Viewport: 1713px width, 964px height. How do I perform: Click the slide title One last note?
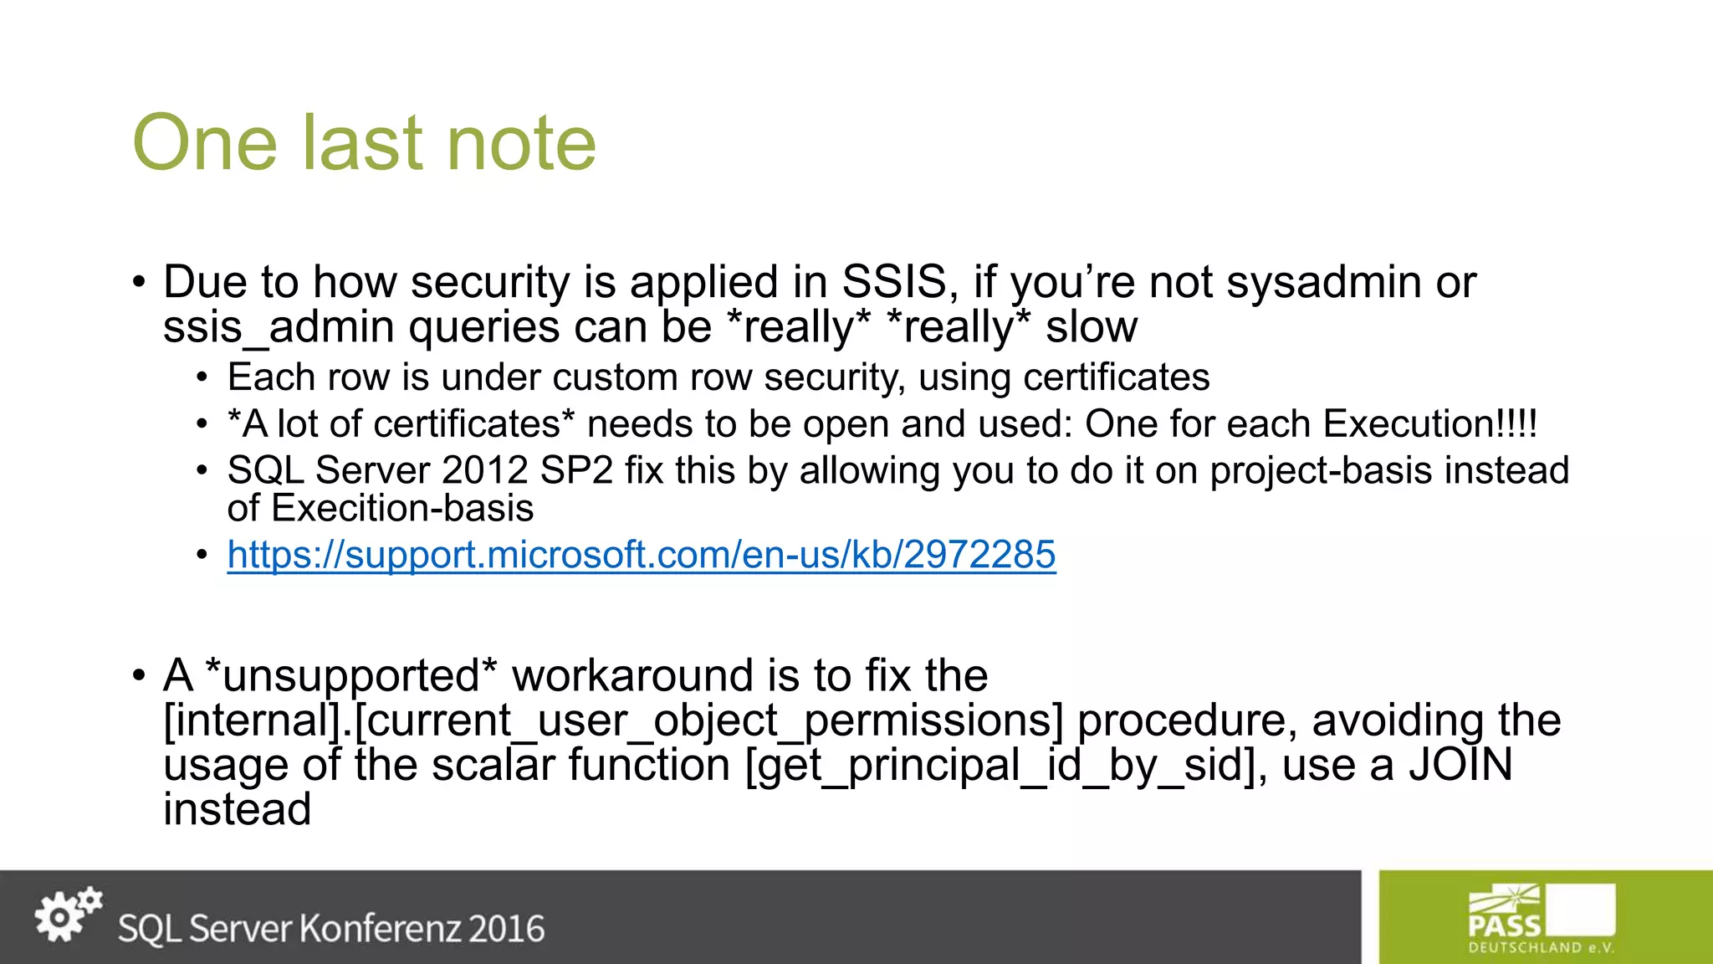[365, 143]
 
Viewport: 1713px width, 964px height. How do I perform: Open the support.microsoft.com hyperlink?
[641, 555]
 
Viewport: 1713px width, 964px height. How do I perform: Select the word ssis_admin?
[279, 327]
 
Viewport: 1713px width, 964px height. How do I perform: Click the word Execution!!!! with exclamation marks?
[1429, 423]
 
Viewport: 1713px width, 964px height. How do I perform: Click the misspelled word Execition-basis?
[402, 509]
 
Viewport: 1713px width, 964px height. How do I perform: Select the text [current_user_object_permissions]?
[708, 720]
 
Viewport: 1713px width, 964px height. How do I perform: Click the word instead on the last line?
[238, 810]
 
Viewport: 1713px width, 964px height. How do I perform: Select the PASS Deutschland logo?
[1541, 918]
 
